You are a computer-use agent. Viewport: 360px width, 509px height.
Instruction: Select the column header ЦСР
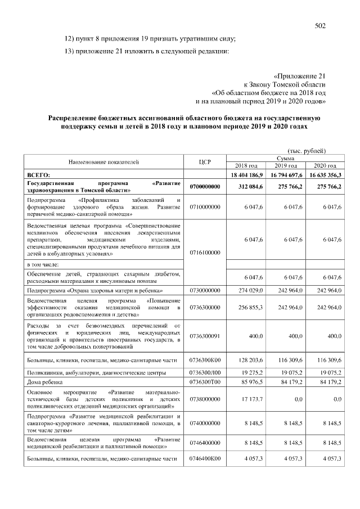coord(205,162)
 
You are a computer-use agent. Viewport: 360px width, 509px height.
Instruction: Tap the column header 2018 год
coord(245,166)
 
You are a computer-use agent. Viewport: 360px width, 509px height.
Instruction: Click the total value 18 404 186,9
coord(245,175)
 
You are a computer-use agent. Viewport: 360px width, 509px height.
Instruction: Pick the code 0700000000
coord(205,187)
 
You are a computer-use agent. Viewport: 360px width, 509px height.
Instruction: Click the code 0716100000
coord(205,253)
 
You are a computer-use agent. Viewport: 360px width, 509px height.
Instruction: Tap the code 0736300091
coord(205,336)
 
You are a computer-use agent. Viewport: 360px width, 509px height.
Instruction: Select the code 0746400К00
coord(205,460)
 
